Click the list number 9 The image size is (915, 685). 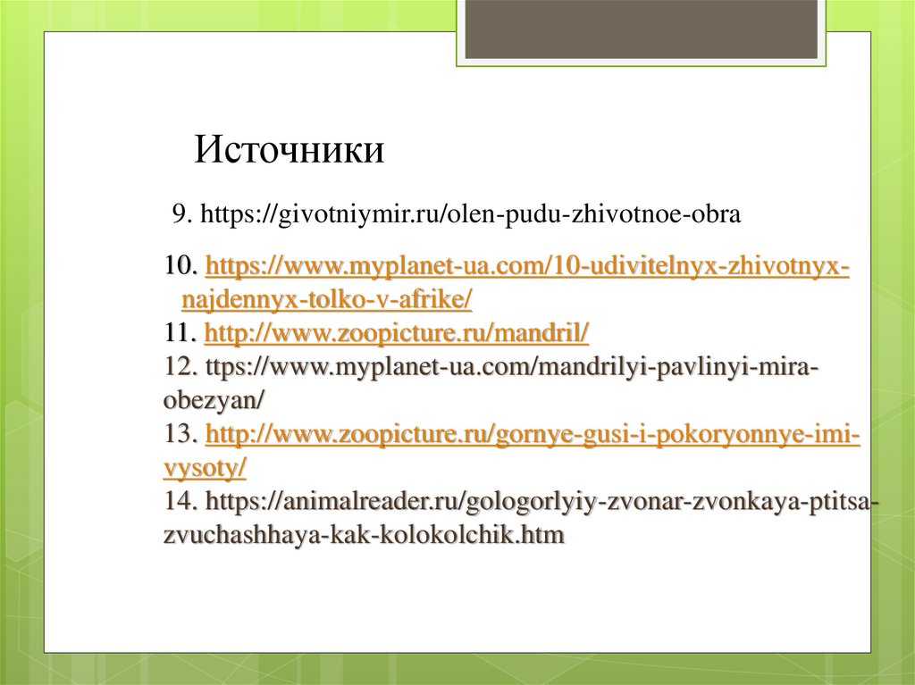(x=179, y=215)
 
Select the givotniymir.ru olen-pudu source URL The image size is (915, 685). (x=469, y=215)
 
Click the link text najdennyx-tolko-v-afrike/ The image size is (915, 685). (x=327, y=300)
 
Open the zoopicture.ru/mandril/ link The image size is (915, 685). (x=397, y=334)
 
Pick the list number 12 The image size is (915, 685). (x=180, y=367)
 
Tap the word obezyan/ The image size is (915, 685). (x=214, y=401)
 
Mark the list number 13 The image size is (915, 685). (x=180, y=435)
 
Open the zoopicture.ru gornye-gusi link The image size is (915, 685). (x=533, y=435)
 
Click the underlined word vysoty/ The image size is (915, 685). (x=206, y=468)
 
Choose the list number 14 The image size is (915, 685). (x=180, y=502)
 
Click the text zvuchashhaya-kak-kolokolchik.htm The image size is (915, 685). (x=365, y=536)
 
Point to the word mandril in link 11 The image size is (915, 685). (x=549, y=334)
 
